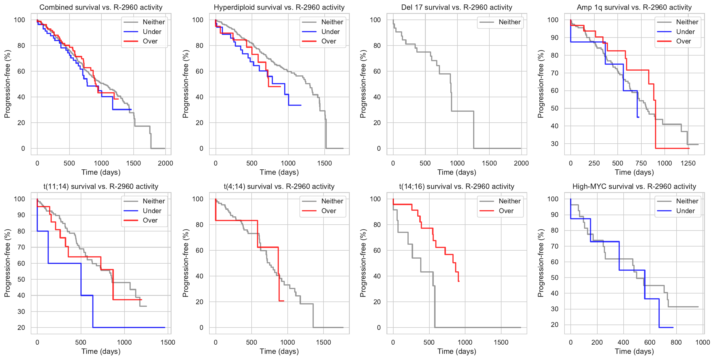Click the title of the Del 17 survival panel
[457, 7]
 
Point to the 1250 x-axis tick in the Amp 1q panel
[688, 163]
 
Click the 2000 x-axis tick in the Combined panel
[165, 163]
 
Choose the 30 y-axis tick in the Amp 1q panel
[555, 144]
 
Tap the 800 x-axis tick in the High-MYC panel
[676, 343]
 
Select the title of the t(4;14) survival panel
[279, 187]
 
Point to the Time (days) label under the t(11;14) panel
[101, 351]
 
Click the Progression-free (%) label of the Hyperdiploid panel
[185, 84]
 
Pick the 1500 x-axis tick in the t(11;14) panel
[168, 343]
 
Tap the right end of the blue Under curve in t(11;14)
[165, 327]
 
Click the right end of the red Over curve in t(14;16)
[459, 281]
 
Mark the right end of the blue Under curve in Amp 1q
[639, 117]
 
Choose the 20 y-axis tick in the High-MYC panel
[555, 325]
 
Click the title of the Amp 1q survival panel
[634, 7]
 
